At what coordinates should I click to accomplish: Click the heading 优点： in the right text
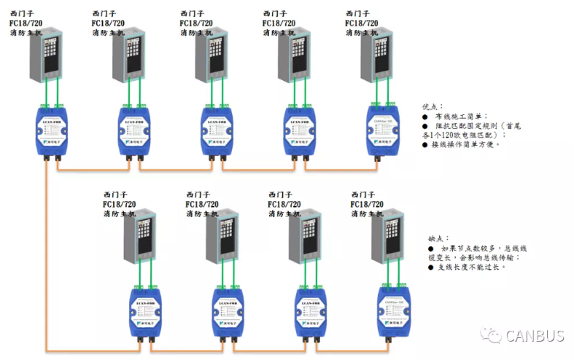(x=432, y=106)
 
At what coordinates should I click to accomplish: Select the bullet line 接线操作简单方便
(x=466, y=144)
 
